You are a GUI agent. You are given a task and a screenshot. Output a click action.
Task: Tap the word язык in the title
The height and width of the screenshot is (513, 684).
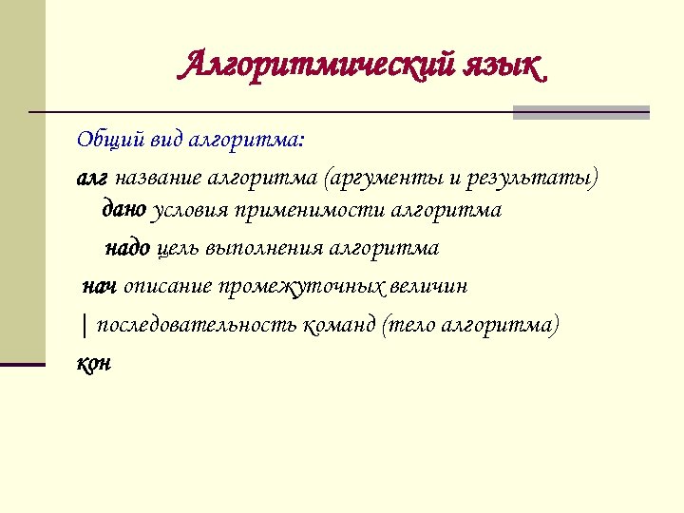point(506,66)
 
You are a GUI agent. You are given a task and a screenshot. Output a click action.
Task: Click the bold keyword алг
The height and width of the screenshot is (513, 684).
point(92,179)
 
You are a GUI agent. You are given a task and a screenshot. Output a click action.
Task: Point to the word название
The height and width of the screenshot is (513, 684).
point(159,179)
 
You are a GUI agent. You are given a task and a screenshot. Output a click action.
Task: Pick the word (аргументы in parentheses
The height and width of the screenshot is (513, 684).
point(370,179)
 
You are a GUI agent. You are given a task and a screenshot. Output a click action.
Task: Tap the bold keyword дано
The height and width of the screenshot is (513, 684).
point(123,209)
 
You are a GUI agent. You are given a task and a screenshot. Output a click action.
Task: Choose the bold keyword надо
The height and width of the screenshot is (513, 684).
point(126,249)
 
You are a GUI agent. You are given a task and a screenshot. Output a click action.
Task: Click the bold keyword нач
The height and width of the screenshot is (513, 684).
point(99,287)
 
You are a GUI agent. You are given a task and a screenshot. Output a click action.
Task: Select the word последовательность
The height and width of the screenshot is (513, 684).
point(197,325)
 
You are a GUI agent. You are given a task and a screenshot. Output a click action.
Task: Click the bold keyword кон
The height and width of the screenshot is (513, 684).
point(93,363)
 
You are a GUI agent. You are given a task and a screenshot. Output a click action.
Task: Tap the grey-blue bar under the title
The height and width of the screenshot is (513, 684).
point(580,113)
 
